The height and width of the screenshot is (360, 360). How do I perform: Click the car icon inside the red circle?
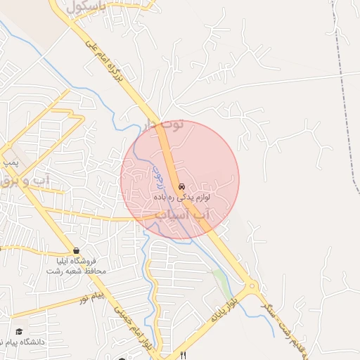point(181,187)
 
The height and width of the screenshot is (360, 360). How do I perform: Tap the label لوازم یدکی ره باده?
point(181,199)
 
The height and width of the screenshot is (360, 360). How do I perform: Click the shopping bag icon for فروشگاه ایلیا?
point(75,251)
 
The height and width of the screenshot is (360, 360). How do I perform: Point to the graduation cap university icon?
point(19,330)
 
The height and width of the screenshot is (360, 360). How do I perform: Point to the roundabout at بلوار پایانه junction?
point(252,286)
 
